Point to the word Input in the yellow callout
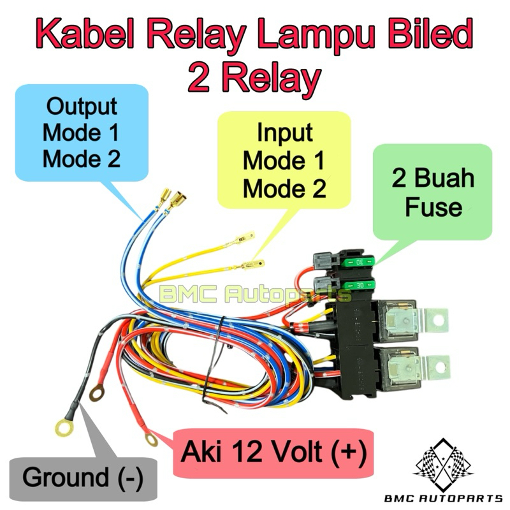coord(285,133)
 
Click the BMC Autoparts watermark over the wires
coord(255,295)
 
